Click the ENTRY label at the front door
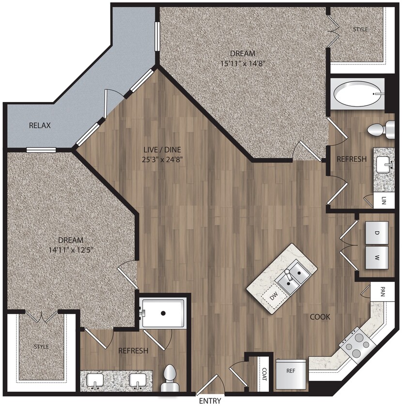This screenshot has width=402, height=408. [210, 401]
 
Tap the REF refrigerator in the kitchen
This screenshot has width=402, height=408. [291, 374]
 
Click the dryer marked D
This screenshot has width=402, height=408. [376, 233]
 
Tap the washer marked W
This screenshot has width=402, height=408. [376, 258]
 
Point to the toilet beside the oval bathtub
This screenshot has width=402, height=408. [381, 130]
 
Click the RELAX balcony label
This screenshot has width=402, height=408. [40, 126]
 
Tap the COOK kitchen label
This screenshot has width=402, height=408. [320, 317]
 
